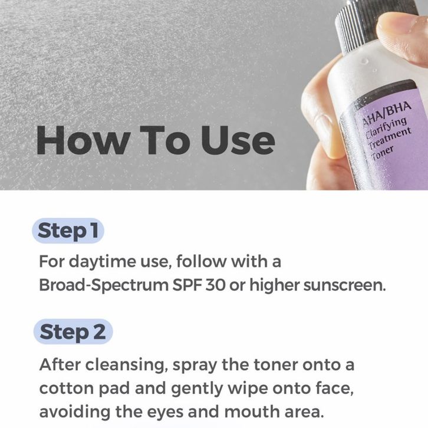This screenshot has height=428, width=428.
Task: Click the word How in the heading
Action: click(83, 140)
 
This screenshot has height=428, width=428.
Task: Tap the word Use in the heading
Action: click(238, 140)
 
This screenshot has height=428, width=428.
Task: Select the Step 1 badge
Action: click(68, 231)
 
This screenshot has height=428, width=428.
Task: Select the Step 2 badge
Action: click(73, 332)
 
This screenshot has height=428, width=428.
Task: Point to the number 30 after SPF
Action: click(215, 285)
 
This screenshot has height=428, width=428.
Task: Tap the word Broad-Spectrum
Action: click(104, 285)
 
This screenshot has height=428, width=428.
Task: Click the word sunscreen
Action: click(344, 285)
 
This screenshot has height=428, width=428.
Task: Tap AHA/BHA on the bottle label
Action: click(387, 114)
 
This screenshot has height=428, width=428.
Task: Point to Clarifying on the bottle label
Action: click(386, 129)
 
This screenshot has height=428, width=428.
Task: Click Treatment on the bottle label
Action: click(389, 139)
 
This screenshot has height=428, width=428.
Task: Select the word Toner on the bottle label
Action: click(383, 154)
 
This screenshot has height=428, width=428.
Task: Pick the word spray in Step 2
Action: click(195, 366)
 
